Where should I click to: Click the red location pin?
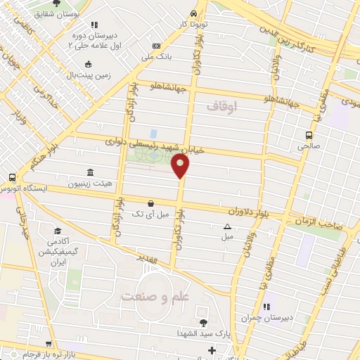click(x=181, y=166)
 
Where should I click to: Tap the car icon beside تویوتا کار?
click(x=193, y=14)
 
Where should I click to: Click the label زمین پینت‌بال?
click(x=102, y=73)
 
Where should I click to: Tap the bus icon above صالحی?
click(x=309, y=135)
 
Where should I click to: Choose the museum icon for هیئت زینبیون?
click(x=89, y=172)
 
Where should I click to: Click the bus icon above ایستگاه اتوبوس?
click(x=11, y=179)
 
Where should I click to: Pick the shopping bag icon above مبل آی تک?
click(x=150, y=203)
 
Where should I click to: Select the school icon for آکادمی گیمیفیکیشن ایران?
click(x=57, y=231)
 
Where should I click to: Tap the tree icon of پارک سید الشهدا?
click(x=203, y=323)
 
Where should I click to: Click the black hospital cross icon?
click(x=212, y=349)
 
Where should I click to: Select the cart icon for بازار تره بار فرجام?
click(x=47, y=344)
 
